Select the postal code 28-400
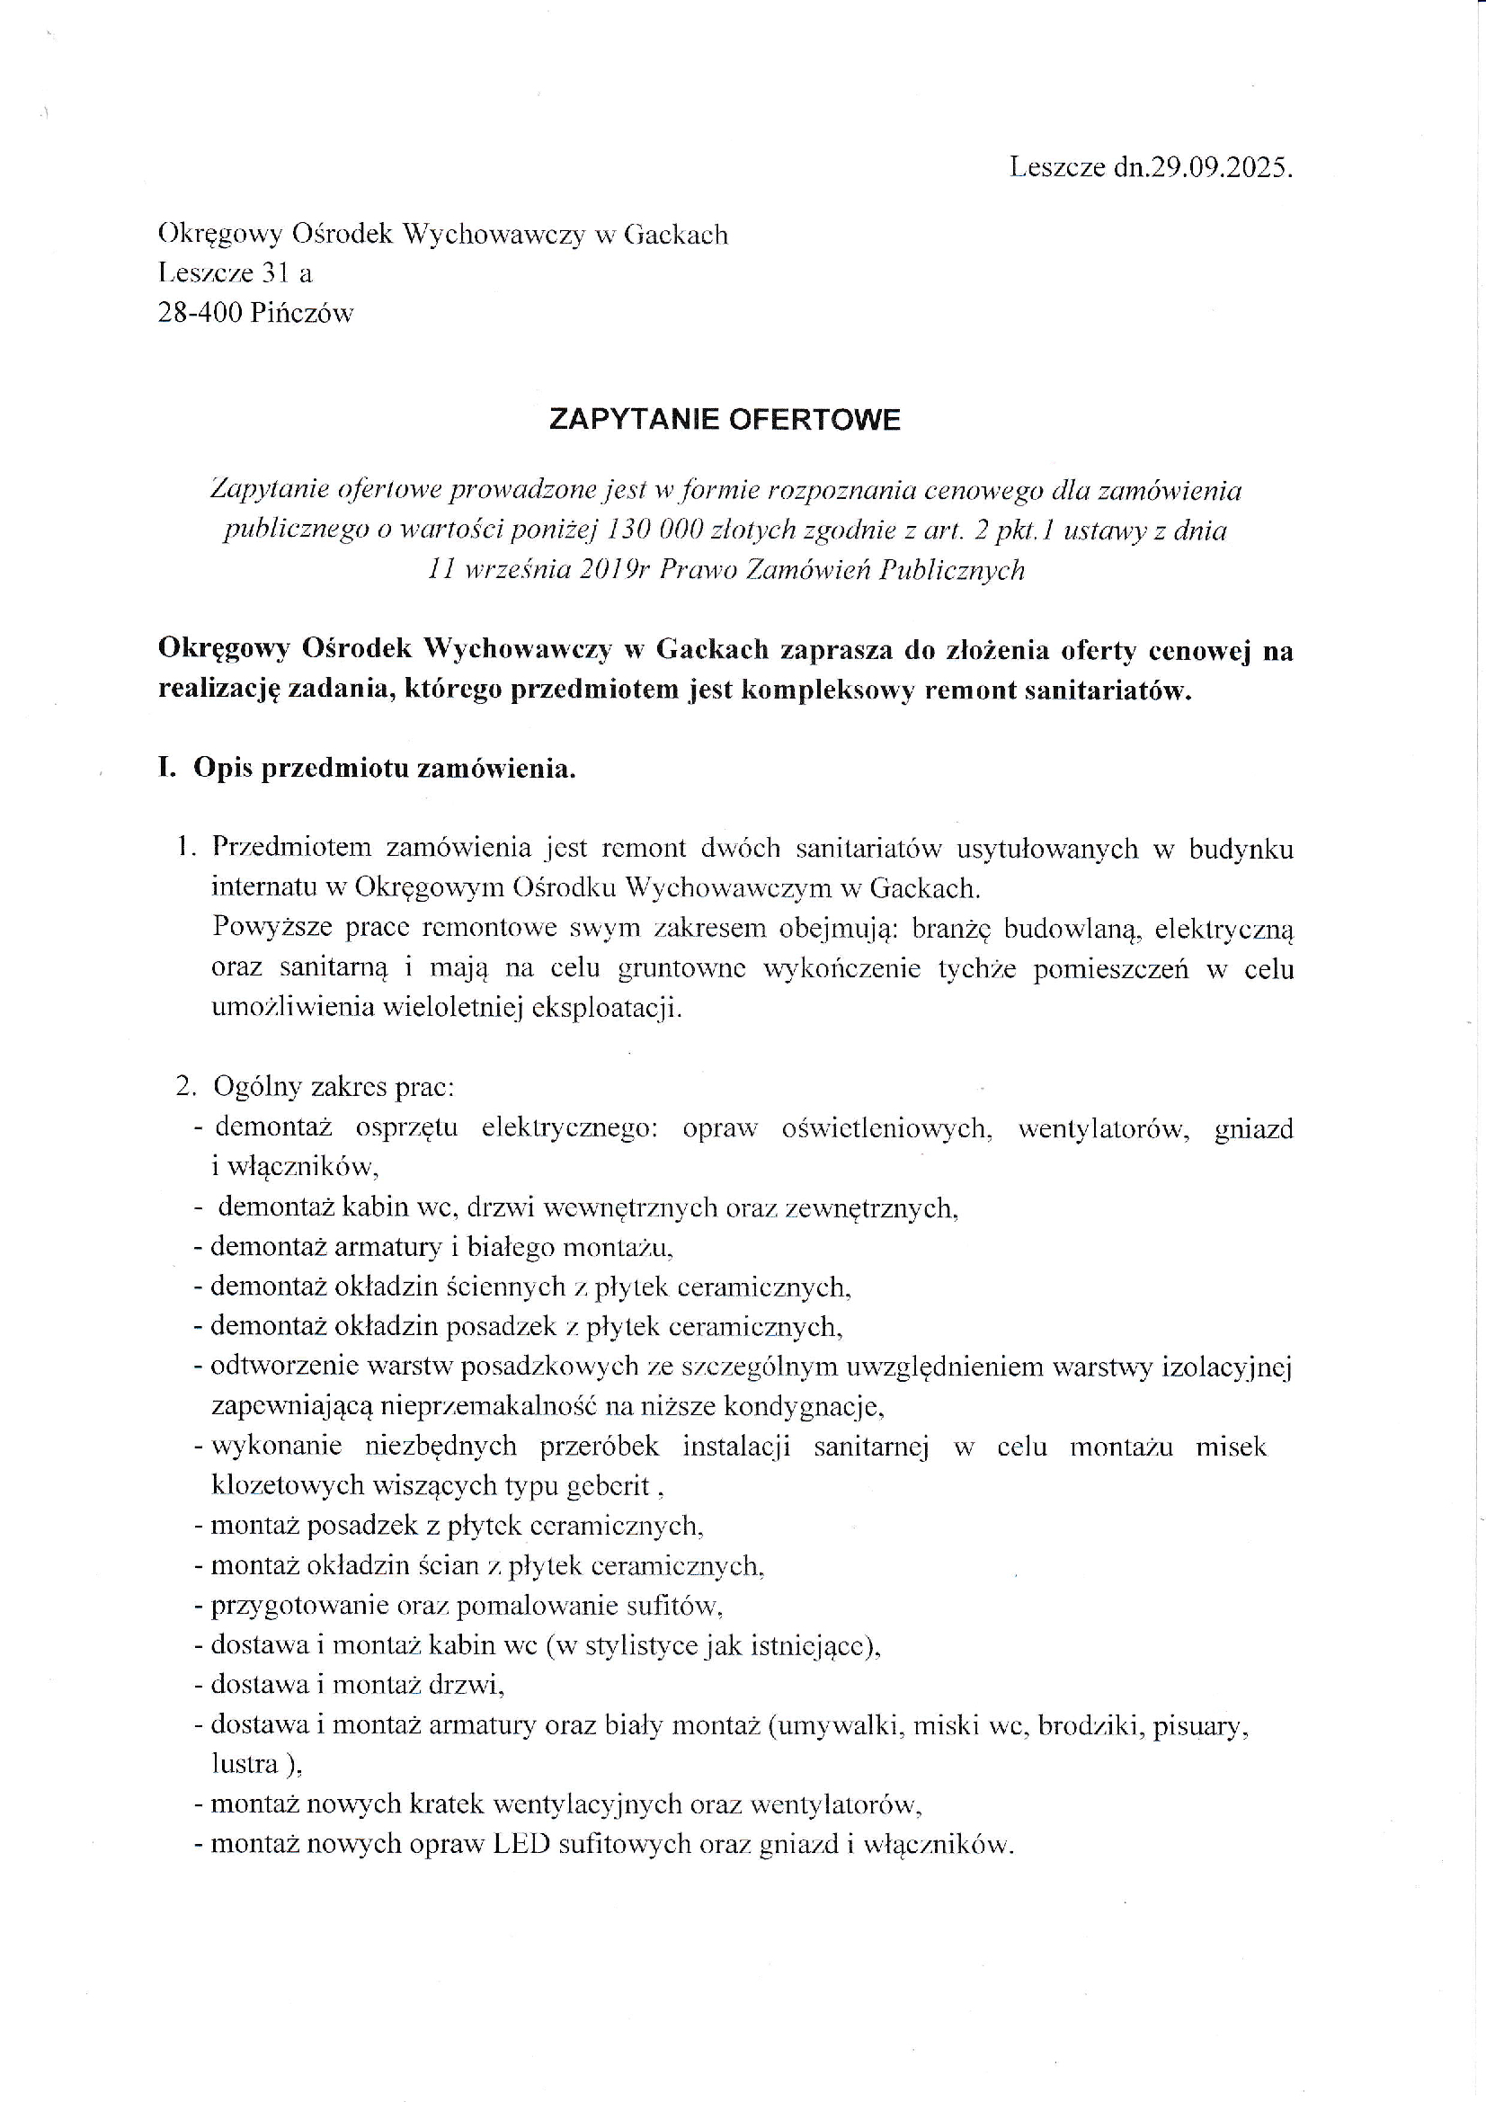200,313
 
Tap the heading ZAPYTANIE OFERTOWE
725,419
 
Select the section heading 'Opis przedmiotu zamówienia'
384,768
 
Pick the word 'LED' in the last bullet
521,1843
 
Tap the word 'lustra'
245,1763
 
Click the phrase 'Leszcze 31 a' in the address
236,272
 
